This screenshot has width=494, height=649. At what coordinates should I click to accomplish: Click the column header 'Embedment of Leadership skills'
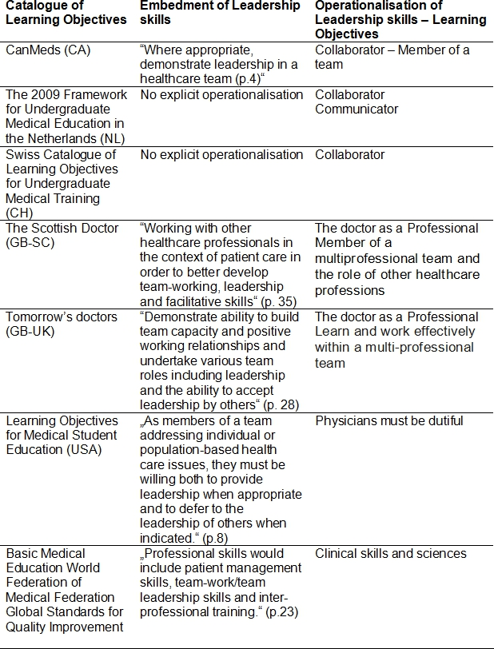pos(220,13)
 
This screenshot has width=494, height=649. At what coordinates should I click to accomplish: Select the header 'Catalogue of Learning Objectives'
pos(65,13)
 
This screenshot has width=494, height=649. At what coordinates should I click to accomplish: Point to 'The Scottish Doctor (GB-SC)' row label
pos(62,235)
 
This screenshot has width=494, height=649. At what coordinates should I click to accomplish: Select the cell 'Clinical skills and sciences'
pos(391,553)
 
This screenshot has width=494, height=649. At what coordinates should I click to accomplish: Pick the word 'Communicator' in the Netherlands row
pos(357,109)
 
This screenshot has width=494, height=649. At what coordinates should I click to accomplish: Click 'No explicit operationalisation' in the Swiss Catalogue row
pos(221,154)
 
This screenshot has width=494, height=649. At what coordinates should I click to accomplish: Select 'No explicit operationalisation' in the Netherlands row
pos(221,95)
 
